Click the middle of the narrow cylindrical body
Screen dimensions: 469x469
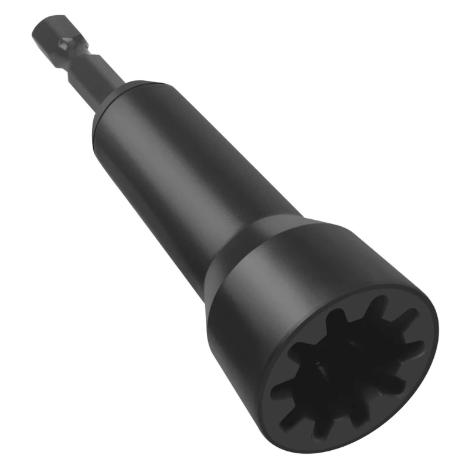(x=188, y=176)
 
